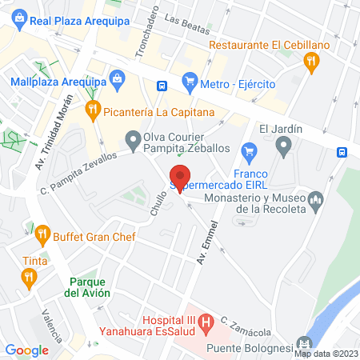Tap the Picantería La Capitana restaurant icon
[93, 109]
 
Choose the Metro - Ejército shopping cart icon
[190, 80]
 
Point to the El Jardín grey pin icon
[282, 146]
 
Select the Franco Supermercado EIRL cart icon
[250, 150]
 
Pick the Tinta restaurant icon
[30, 277]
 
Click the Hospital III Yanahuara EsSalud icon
[206, 323]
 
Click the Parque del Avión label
[88, 287]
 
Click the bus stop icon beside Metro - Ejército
[162, 85]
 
